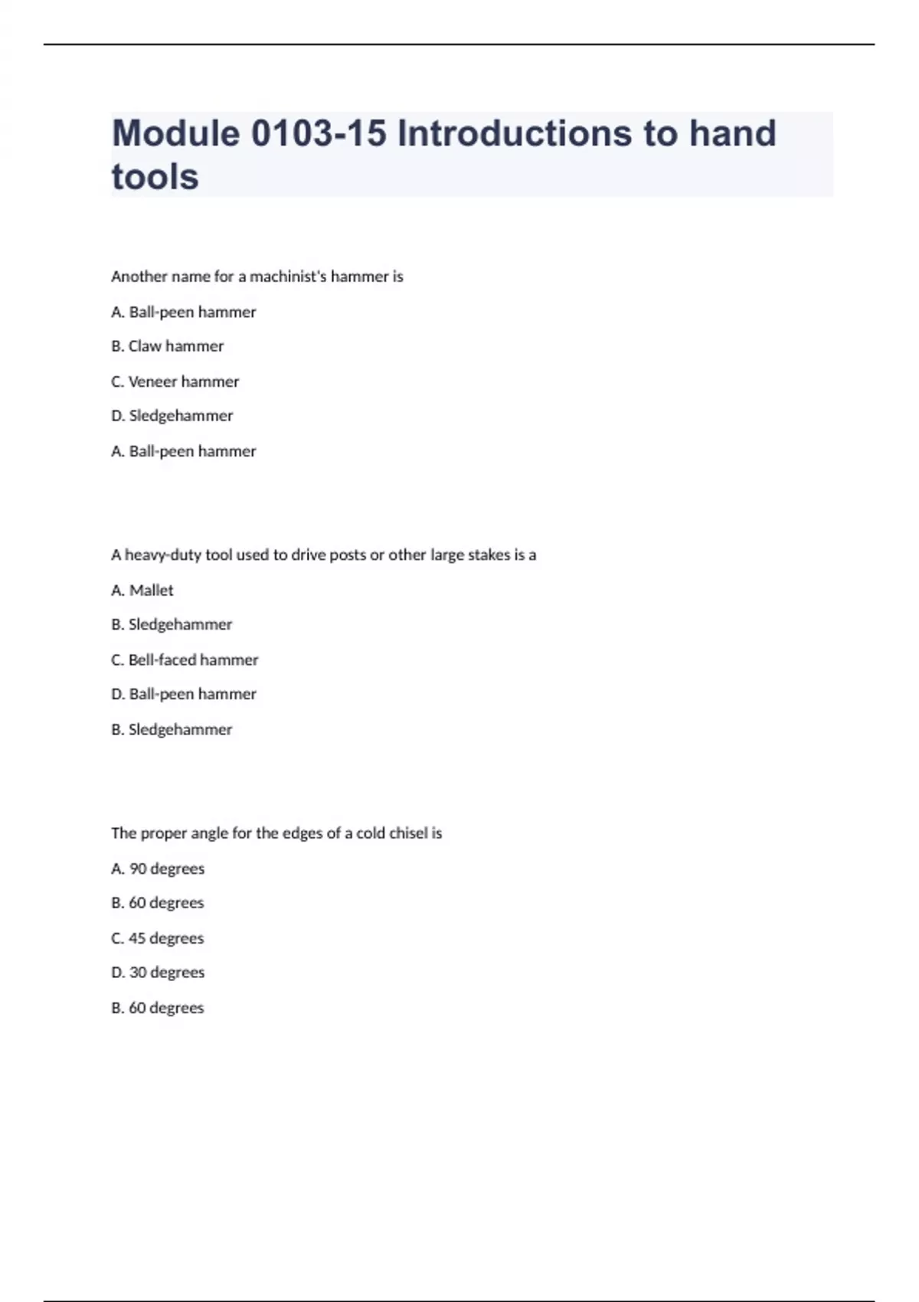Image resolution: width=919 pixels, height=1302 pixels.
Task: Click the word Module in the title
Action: [176, 133]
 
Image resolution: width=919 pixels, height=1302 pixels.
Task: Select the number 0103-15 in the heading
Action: [319, 133]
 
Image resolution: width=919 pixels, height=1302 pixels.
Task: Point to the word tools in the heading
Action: [155, 177]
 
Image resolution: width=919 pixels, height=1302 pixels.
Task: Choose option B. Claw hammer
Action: [168, 346]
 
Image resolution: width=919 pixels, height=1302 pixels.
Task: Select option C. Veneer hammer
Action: [175, 381]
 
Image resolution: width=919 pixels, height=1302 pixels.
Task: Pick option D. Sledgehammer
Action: [172, 416]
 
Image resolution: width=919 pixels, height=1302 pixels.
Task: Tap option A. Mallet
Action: [142, 590]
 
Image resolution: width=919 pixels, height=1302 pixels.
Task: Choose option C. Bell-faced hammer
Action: [185, 659]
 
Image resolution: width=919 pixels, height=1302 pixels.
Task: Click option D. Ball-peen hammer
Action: [184, 694]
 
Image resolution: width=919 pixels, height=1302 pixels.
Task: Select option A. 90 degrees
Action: [158, 869]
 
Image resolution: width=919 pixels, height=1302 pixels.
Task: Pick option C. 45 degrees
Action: [158, 938]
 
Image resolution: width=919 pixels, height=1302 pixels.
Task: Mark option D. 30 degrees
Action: [158, 973]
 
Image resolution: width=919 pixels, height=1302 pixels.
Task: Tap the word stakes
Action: [489, 555]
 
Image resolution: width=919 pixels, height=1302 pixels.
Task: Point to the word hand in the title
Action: [733, 133]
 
